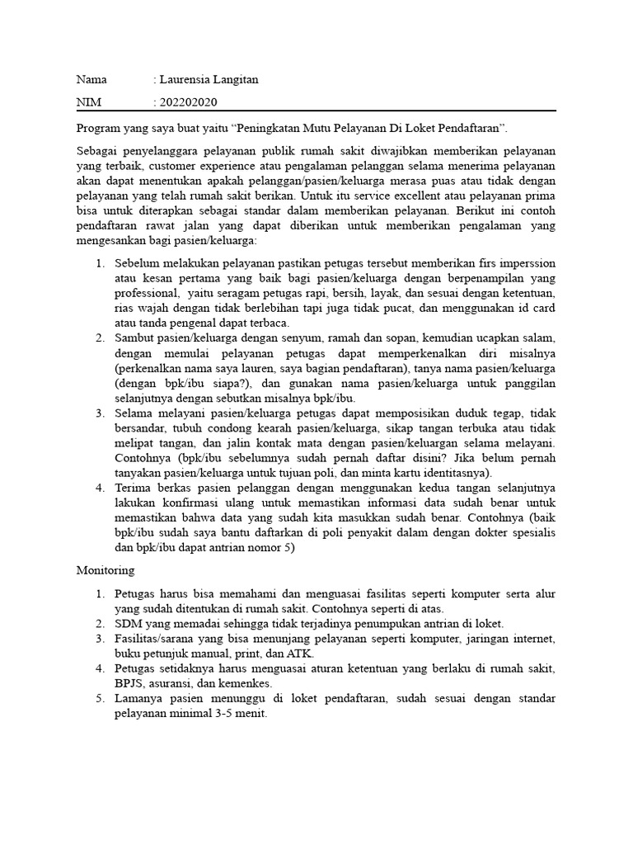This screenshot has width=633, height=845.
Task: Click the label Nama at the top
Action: pyautogui.click(x=91, y=80)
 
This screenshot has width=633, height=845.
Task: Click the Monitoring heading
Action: pyautogui.click(x=106, y=569)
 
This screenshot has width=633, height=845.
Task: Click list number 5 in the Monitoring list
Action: pyautogui.click(x=99, y=699)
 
